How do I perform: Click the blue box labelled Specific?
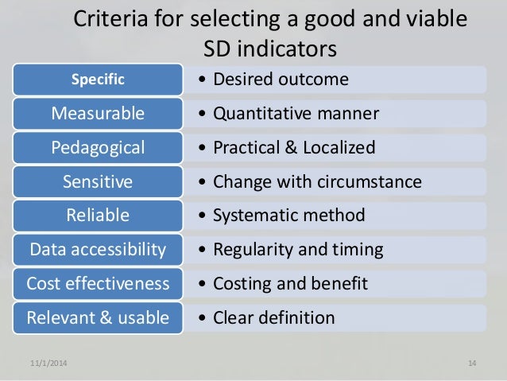(x=98, y=79)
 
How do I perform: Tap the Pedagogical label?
(x=98, y=147)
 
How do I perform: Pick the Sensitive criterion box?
(x=98, y=181)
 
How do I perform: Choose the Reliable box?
(x=98, y=216)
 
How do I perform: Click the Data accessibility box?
(x=98, y=250)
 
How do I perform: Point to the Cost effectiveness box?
(x=98, y=284)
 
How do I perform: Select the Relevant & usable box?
(x=98, y=318)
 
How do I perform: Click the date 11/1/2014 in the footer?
(x=48, y=364)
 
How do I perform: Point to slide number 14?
(x=471, y=364)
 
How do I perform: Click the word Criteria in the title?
(x=106, y=18)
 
